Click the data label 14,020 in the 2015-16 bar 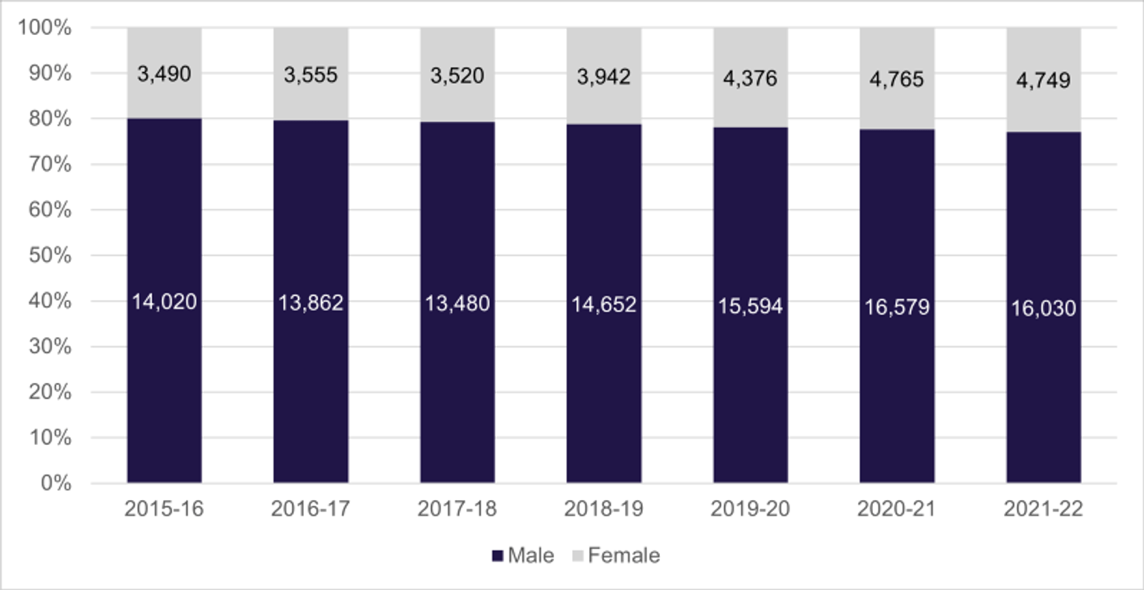coord(164,301)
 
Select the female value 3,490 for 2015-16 coord(164,74)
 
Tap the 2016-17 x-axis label coord(311,509)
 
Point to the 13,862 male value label coord(311,303)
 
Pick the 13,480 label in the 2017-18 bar coord(457,304)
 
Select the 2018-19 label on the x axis coord(603,509)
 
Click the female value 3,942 coord(603,77)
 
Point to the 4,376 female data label coord(750,78)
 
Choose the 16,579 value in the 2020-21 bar coord(897,307)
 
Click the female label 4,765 coord(897,79)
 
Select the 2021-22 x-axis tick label coord(1043,509)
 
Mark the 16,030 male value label coord(1043,308)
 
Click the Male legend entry coord(524,556)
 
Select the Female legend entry coord(616,556)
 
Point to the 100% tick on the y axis coord(45,28)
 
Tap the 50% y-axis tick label coord(50,256)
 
